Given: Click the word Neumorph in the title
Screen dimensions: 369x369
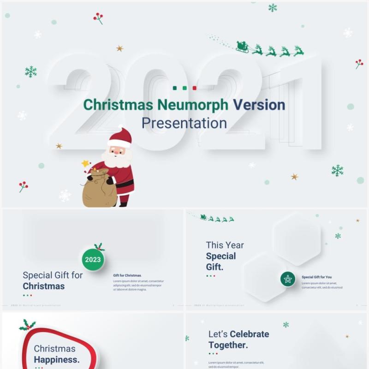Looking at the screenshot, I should tap(193, 105).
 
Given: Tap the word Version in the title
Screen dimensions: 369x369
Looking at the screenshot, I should tap(259, 105).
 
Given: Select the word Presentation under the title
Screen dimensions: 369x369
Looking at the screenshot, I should tap(184, 123).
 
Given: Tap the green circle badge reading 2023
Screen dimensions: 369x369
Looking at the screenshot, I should tap(93, 260).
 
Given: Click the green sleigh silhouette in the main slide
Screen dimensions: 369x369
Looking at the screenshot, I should tap(242, 47).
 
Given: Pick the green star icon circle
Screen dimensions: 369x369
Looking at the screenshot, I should tap(288, 279).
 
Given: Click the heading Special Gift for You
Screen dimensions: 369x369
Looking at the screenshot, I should tap(316, 277).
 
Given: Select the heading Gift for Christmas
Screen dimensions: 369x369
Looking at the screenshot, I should tap(127, 275).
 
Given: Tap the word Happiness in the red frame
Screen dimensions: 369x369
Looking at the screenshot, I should tap(56, 360).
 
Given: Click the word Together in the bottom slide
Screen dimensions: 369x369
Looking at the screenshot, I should tap(228, 345).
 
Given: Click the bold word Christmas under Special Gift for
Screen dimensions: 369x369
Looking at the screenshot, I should tap(44, 286).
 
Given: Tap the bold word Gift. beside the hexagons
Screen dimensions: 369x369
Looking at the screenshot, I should tap(214, 267).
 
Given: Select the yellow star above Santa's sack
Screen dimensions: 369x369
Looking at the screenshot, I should tap(85, 163).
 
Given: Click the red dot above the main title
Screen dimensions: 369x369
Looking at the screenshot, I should tap(194, 88).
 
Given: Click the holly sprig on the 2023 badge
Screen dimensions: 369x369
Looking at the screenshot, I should tap(99, 247).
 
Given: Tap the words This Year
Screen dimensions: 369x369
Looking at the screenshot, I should tap(225, 245).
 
